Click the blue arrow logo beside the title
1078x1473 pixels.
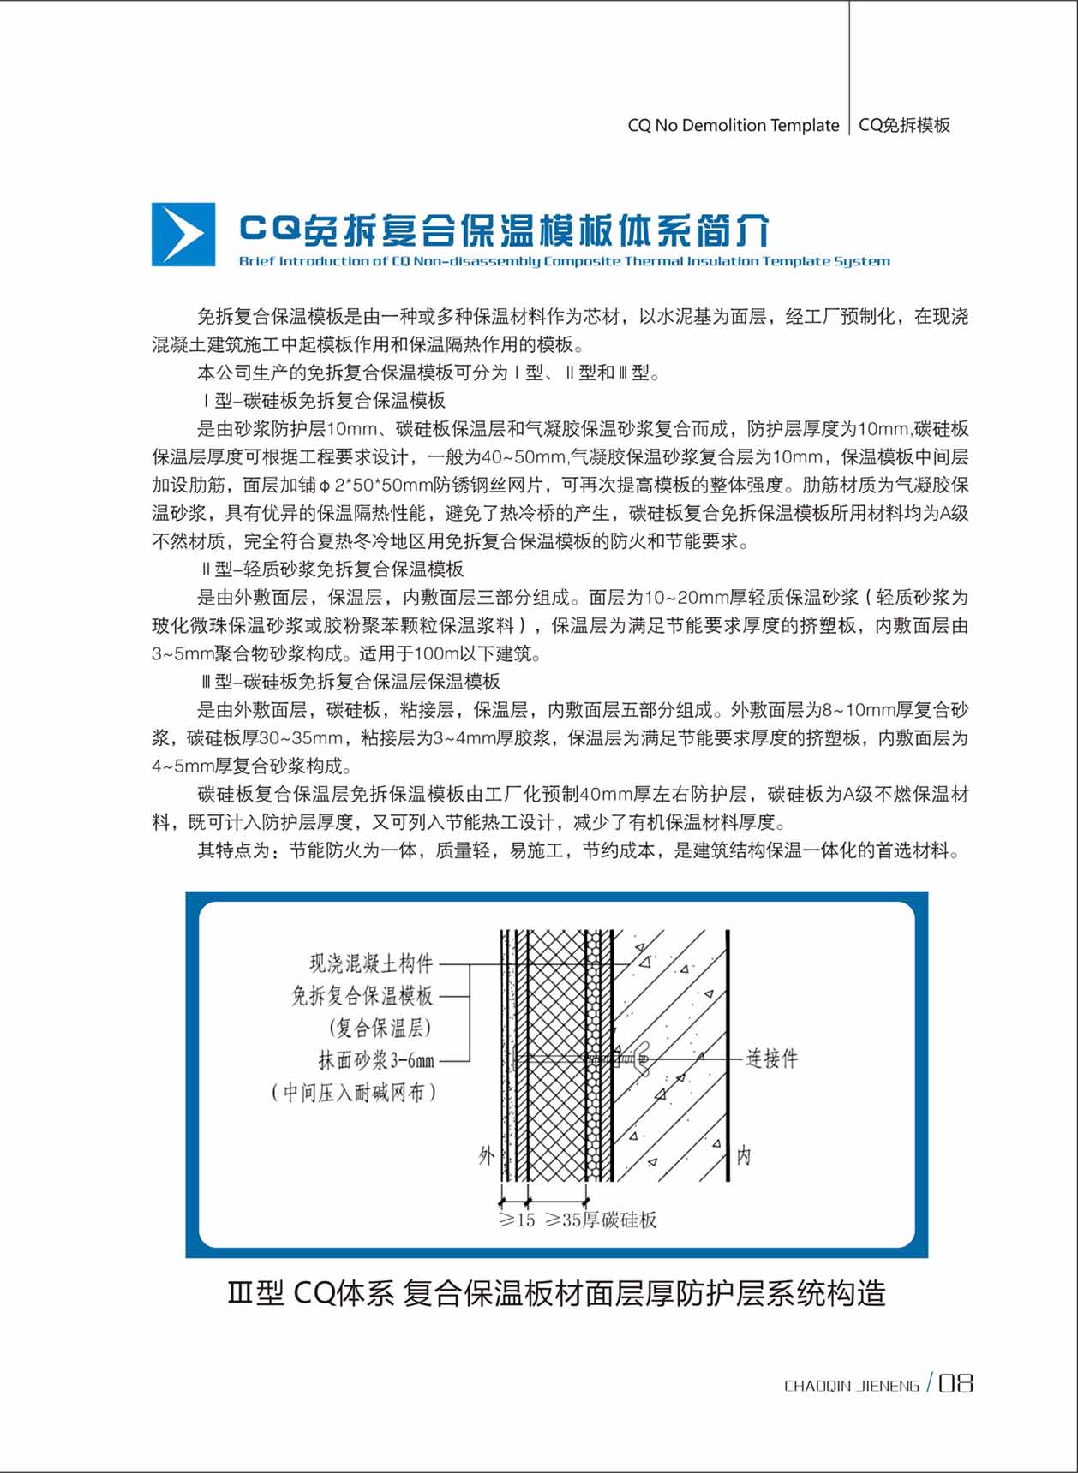[183, 235]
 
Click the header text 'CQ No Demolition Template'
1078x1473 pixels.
[733, 125]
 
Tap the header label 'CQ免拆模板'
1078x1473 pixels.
[904, 125]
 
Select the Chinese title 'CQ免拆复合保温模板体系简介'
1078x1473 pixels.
[504, 230]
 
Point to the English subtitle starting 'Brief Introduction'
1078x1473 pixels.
[564, 261]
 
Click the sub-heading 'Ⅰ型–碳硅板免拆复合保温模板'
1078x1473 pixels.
[324, 401]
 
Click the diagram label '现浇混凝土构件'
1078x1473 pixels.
[371, 963]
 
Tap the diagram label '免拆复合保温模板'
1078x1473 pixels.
[362, 995]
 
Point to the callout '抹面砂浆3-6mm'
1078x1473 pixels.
[376, 1060]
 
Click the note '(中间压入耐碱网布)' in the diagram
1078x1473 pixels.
[354, 1093]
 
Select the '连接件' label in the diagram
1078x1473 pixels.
[771, 1059]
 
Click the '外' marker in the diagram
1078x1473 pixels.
[486, 1156]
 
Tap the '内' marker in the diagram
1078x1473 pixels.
[743, 1156]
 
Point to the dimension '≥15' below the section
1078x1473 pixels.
[517, 1220]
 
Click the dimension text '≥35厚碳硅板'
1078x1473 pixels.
[602, 1220]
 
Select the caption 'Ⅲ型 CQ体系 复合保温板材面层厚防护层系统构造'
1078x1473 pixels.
[556, 1293]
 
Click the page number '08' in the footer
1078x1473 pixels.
[955, 1384]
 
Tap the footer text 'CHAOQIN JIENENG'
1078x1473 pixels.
[851, 1386]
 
